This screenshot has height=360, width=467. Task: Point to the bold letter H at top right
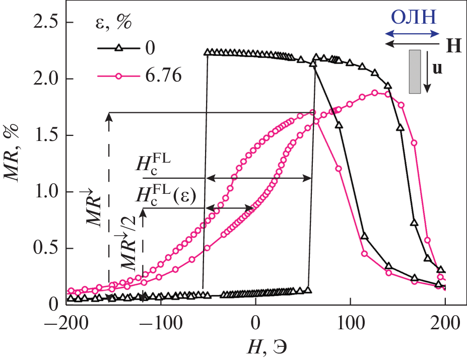453,46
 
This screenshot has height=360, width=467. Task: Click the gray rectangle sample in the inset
415,71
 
